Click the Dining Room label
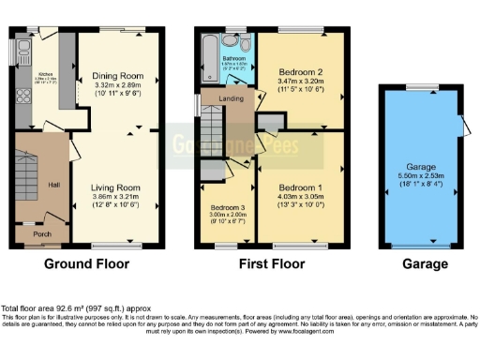click(x=117, y=77)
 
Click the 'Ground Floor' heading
click(x=86, y=264)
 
